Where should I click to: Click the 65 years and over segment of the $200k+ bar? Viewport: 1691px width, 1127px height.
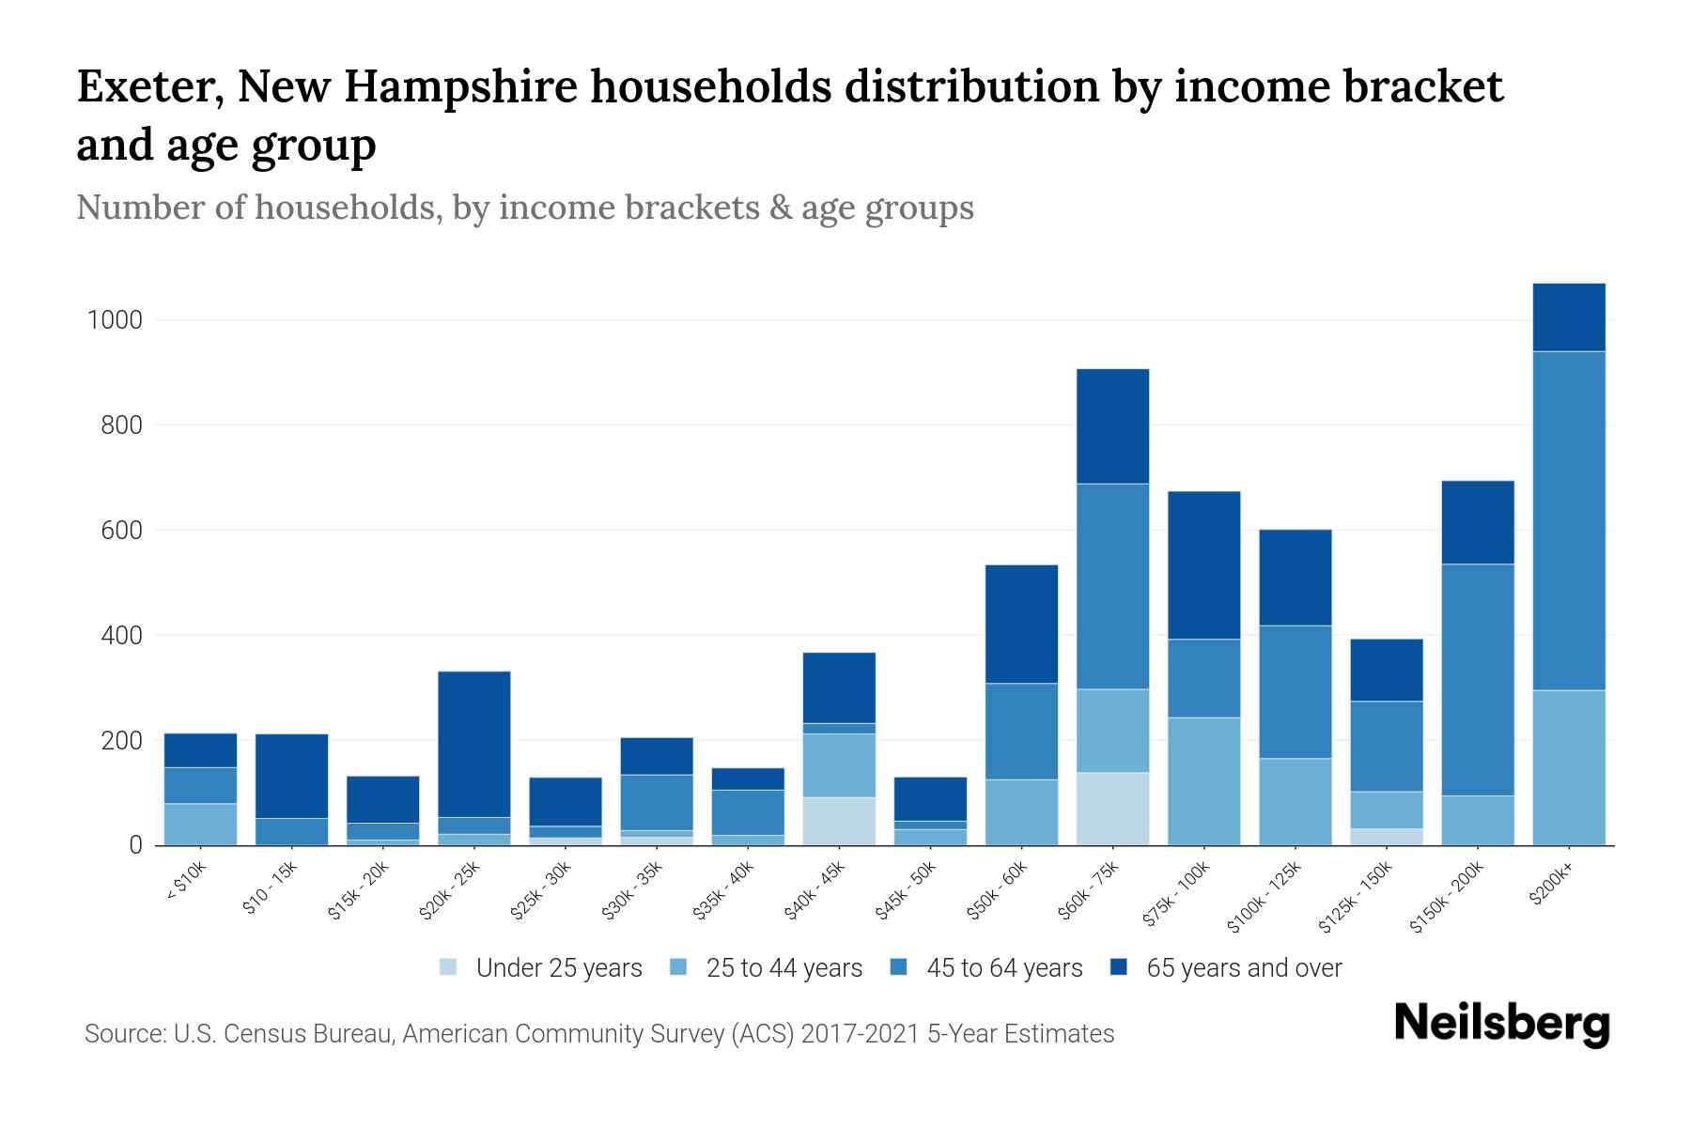pyautogui.click(x=1568, y=317)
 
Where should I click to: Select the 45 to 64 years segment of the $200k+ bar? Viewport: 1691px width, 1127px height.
pyautogui.click(x=1568, y=521)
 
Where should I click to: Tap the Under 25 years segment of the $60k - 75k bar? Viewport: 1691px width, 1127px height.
pyautogui.click(x=1112, y=809)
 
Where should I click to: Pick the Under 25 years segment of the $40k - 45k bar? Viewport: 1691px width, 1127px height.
pyautogui.click(x=839, y=822)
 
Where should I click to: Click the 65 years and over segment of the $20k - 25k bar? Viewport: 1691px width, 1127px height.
pyautogui.click(x=473, y=744)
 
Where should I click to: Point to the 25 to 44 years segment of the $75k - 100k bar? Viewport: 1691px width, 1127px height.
pyautogui.click(x=1203, y=781)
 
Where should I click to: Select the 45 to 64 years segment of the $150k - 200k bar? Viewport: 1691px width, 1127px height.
pyautogui.click(x=1477, y=680)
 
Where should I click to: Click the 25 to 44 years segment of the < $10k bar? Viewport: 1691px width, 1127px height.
pyautogui.click(x=200, y=825)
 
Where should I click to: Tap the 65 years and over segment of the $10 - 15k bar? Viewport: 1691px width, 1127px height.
pyautogui.click(x=291, y=776)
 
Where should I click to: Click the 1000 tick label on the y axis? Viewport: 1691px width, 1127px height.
pyautogui.click(x=115, y=320)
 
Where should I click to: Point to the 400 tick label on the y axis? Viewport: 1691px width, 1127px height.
pyautogui.click(x=122, y=636)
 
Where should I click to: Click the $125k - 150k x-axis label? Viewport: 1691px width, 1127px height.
pyautogui.click(x=1356, y=897)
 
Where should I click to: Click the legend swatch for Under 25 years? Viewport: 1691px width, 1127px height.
pyautogui.click(x=449, y=967)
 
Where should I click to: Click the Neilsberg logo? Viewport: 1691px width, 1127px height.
pyautogui.click(x=1501, y=1024)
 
